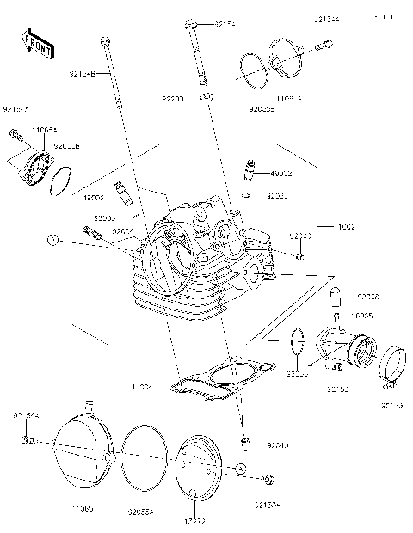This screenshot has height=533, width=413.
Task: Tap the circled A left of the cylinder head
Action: [x=52, y=238]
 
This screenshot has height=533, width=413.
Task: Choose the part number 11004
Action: [x=141, y=388]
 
